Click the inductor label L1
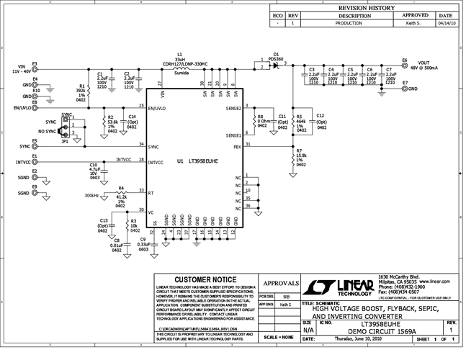[x=179, y=54]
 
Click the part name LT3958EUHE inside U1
[x=204, y=163]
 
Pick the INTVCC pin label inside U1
[x=159, y=163]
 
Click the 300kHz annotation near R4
[x=91, y=195]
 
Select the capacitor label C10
[x=94, y=166]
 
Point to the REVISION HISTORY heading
[x=359, y=7]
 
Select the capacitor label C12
[x=321, y=116]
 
